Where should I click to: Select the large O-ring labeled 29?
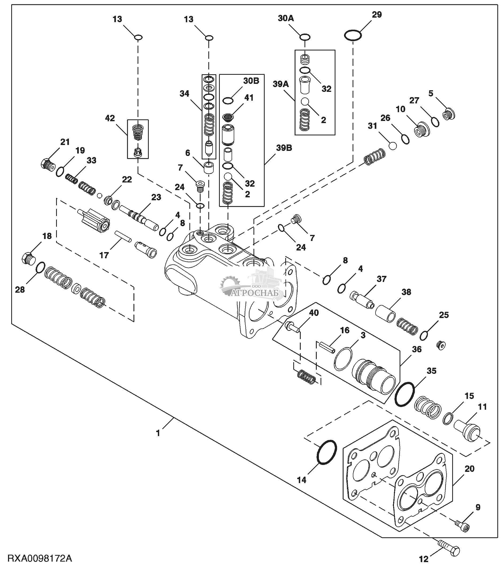[x=353, y=35]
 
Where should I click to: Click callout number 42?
[x=110, y=118]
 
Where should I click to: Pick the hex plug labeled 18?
[x=28, y=258]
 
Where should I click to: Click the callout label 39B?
[x=284, y=148]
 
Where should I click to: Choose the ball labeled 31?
[x=393, y=146]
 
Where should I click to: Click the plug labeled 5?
[x=448, y=115]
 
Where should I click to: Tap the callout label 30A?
[x=286, y=18]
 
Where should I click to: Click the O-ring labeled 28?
[x=40, y=267]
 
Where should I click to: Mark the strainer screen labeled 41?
[x=228, y=117]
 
